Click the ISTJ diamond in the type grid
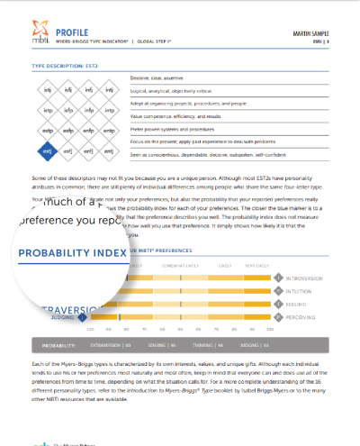coord(46,90)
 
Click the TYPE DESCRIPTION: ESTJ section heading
coord(64,66)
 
